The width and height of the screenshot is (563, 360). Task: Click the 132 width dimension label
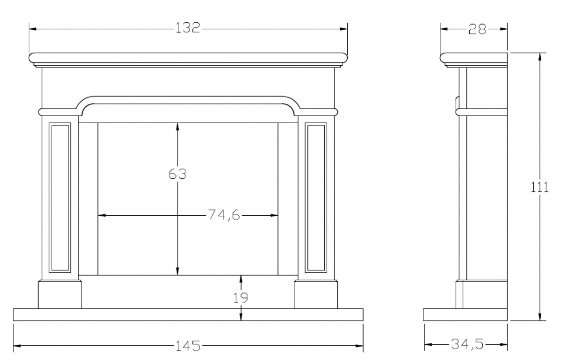coord(188,28)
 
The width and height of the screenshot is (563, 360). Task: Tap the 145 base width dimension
coord(188,346)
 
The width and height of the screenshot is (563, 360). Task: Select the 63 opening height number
coord(177,174)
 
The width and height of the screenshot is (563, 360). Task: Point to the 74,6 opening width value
coord(224,215)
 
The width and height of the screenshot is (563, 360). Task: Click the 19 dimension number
coord(240,298)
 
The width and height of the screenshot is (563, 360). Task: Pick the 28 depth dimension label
coord(477,29)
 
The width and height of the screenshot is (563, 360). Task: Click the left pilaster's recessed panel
coord(60,198)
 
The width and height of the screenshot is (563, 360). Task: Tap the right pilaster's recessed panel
coord(316,198)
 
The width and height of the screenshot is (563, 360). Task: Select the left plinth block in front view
coord(60,294)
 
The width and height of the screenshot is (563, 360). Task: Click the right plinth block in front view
coord(316,294)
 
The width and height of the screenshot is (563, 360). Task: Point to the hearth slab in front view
coord(188,315)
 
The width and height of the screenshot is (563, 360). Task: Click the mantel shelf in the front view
coord(188,57)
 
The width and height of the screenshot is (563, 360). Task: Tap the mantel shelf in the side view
coord(474,58)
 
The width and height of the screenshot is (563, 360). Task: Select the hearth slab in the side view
coord(466,315)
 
